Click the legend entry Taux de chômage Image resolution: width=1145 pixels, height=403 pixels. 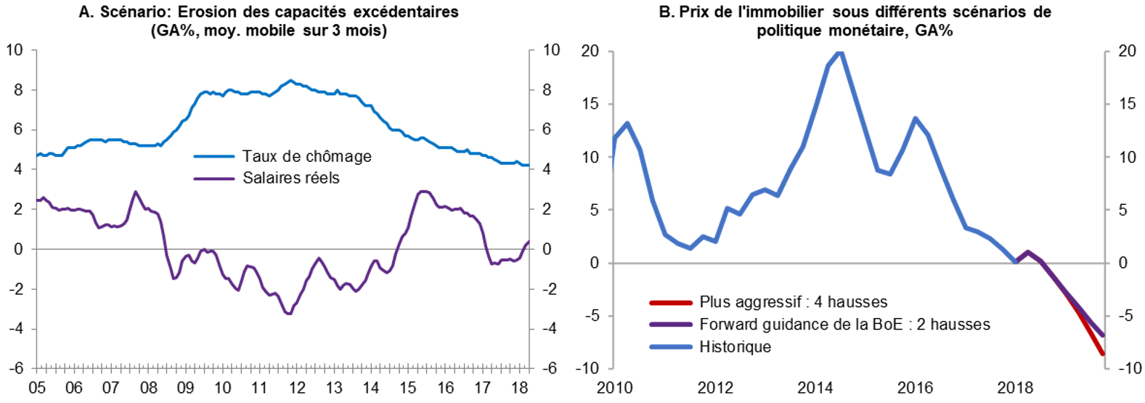pyautogui.click(x=306, y=156)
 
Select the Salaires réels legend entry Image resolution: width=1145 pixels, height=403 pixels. pyautogui.click(x=290, y=178)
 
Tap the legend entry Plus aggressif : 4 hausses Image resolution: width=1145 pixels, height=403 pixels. pyautogui.click(x=793, y=302)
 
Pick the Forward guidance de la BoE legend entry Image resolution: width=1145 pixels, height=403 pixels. pyautogui.click(x=844, y=325)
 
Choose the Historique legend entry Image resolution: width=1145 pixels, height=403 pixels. pyautogui.click(x=735, y=347)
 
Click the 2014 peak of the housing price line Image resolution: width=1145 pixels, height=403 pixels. pyautogui.click(x=840, y=52)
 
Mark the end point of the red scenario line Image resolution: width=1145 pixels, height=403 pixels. pyautogui.click(x=1103, y=354)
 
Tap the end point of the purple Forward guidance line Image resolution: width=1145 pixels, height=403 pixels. pyautogui.click(x=1103, y=335)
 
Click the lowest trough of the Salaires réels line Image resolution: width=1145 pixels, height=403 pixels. pyautogui.click(x=288, y=314)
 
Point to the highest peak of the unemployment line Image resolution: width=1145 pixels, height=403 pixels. pyautogui.click(x=290, y=81)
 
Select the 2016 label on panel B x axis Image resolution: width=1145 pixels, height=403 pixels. pyautogui.click(x=915, y=388)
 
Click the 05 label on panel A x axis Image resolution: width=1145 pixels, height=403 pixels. pyautogui.click(x=36, y=388)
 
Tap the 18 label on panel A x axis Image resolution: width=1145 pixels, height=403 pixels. pyautogui.click(x=519, y=388)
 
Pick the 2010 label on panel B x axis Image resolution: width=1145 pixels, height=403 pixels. pyautogui.click(x=614, y=388)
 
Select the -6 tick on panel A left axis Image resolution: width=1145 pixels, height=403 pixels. pyautogui.click(x=16, y=368)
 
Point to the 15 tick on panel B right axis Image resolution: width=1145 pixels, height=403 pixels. pyautogui.click(x=1127, y=104)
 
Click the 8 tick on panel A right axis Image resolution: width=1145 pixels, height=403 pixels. pyautogui.click(x=547, y=90)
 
